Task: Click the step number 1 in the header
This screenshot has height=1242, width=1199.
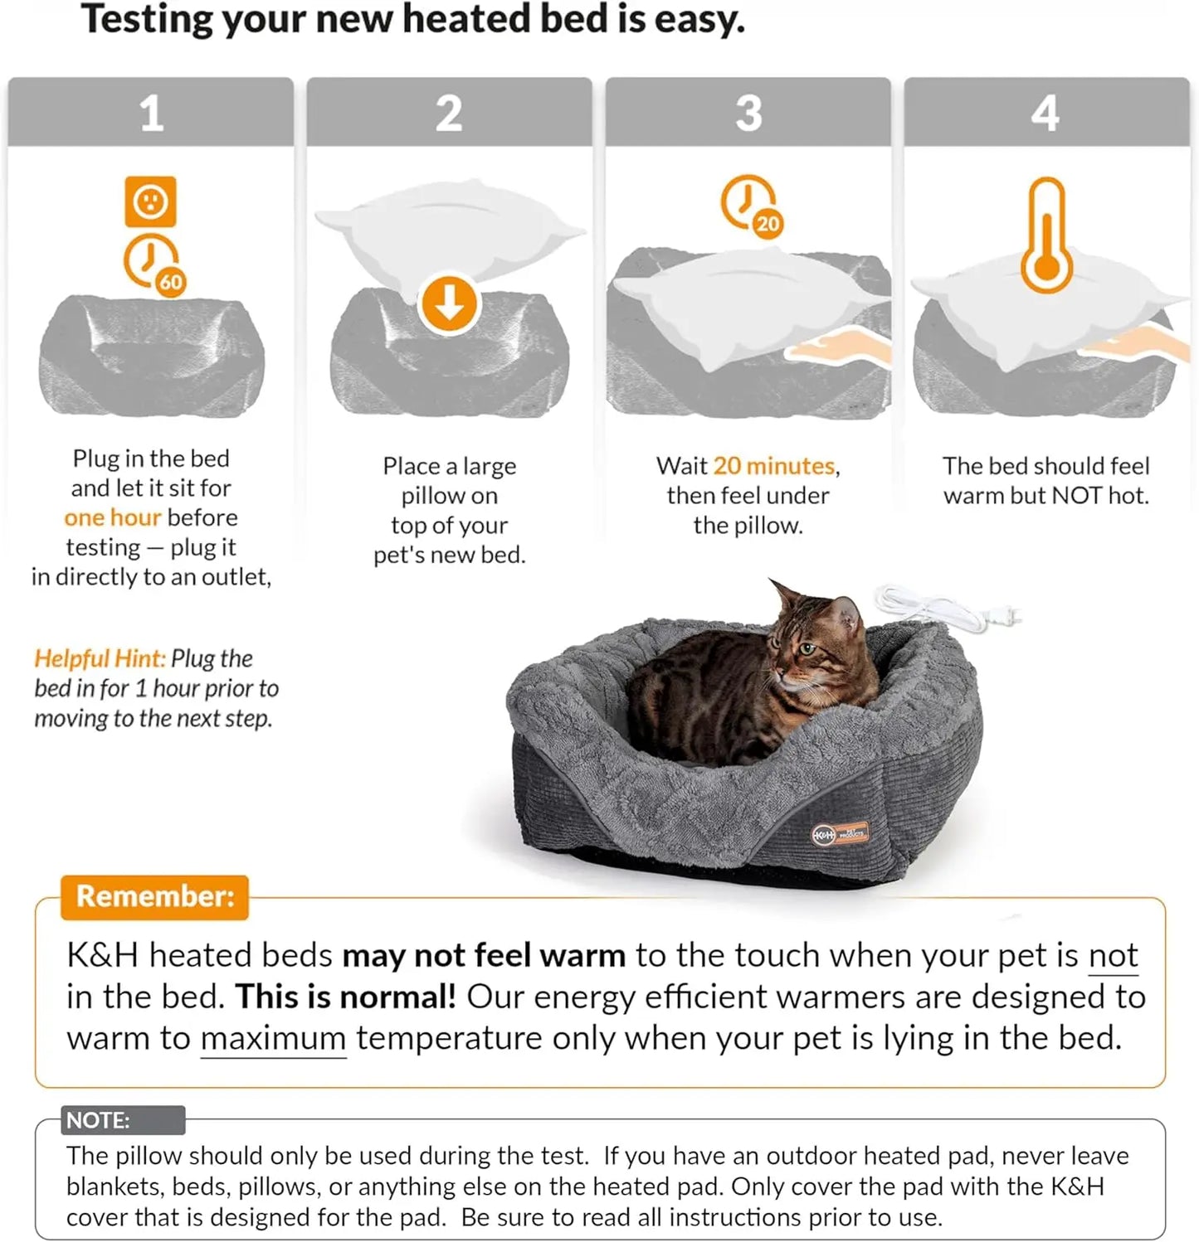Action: click(151, 113)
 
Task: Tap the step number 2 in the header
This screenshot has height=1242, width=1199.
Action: click(449, 113)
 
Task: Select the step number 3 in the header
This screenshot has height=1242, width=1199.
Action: click(748, 113)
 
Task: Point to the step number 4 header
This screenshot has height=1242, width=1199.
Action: click(1045, 113)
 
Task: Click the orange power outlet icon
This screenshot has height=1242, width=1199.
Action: click(150, 201)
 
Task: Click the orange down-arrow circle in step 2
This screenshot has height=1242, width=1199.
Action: click(449, 304)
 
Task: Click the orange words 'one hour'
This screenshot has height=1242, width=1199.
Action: click(112, 517)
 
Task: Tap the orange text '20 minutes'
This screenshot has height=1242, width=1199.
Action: click(773, 466)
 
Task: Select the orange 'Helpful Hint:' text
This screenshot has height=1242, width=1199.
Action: click(100, 658)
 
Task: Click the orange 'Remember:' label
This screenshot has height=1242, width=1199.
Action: click(155, 897)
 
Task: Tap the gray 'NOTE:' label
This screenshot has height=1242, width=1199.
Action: click(99, 1120)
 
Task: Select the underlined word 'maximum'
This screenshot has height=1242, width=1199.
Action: click(273, 1038)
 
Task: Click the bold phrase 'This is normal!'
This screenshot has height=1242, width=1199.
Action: click(345, 997)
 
